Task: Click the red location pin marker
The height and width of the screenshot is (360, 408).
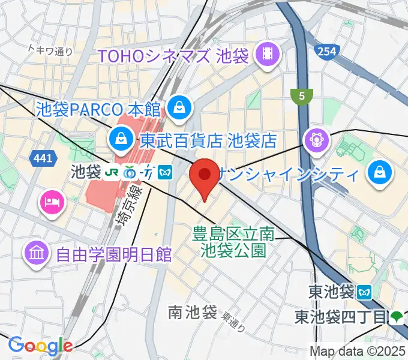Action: click(204, 177)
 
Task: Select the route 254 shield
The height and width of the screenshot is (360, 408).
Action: click(328, 52)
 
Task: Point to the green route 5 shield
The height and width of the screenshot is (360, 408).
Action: click(301, 95)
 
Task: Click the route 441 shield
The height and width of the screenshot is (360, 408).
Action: click(38, 157)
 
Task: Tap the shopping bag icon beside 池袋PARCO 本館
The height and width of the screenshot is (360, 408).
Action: click(179, 109)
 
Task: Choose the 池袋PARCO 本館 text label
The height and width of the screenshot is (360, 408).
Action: click(98, 110)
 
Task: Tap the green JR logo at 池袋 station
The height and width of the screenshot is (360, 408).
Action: click(112, 172)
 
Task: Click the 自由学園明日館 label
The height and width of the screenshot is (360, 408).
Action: click(114, 254)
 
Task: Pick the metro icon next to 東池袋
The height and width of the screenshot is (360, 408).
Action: click(364, 292)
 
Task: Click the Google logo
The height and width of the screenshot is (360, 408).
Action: click(40, 345)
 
